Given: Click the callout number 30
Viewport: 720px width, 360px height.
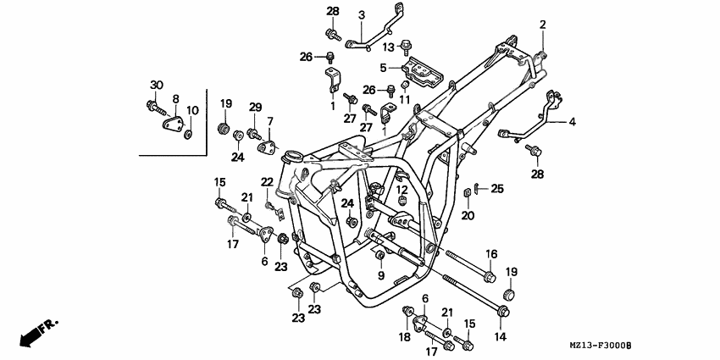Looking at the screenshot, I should [156, 85].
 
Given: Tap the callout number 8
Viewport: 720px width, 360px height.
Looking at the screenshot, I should [176, 98].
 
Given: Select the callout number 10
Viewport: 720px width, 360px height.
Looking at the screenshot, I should [193, 110].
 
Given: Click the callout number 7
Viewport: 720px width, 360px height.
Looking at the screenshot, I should [271, 121].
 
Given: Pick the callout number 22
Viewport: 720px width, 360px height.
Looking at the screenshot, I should [267, 182].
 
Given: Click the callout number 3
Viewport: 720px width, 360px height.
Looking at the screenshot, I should [337, 14].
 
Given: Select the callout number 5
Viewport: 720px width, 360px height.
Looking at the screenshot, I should [384, 67].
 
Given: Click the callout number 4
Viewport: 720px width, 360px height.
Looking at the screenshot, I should [572, 122].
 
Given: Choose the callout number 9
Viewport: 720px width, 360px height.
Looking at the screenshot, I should [381, 276].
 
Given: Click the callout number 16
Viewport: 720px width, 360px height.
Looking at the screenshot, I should [490, 254].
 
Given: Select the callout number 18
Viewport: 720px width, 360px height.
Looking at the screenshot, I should [404, 337].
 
